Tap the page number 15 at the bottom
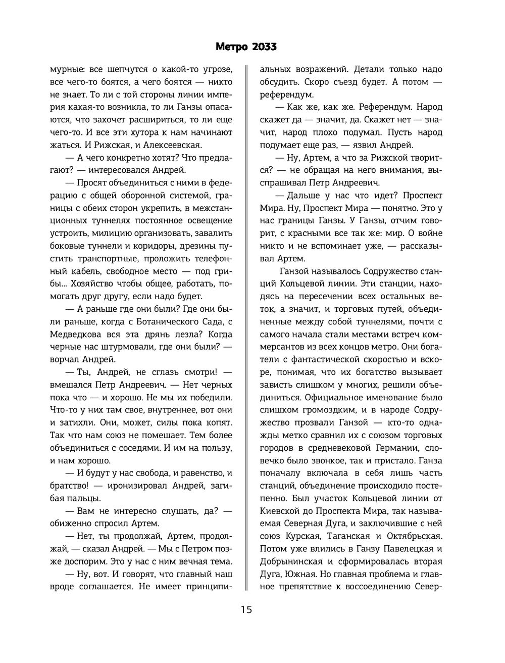246,609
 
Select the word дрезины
194,246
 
